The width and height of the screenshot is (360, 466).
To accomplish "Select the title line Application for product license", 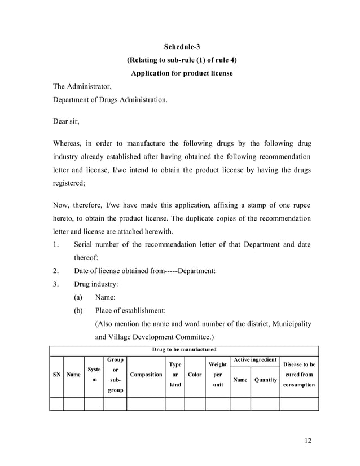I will tap(182, 73).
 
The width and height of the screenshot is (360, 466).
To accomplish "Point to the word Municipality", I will tap(292, 323).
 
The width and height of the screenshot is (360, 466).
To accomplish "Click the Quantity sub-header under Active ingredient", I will tap(265, 380).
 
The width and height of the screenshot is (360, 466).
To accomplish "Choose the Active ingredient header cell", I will tap(255, 359).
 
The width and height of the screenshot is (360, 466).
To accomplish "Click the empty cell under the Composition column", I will tap(146, 403).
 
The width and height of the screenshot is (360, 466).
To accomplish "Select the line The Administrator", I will tap(82, 87).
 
